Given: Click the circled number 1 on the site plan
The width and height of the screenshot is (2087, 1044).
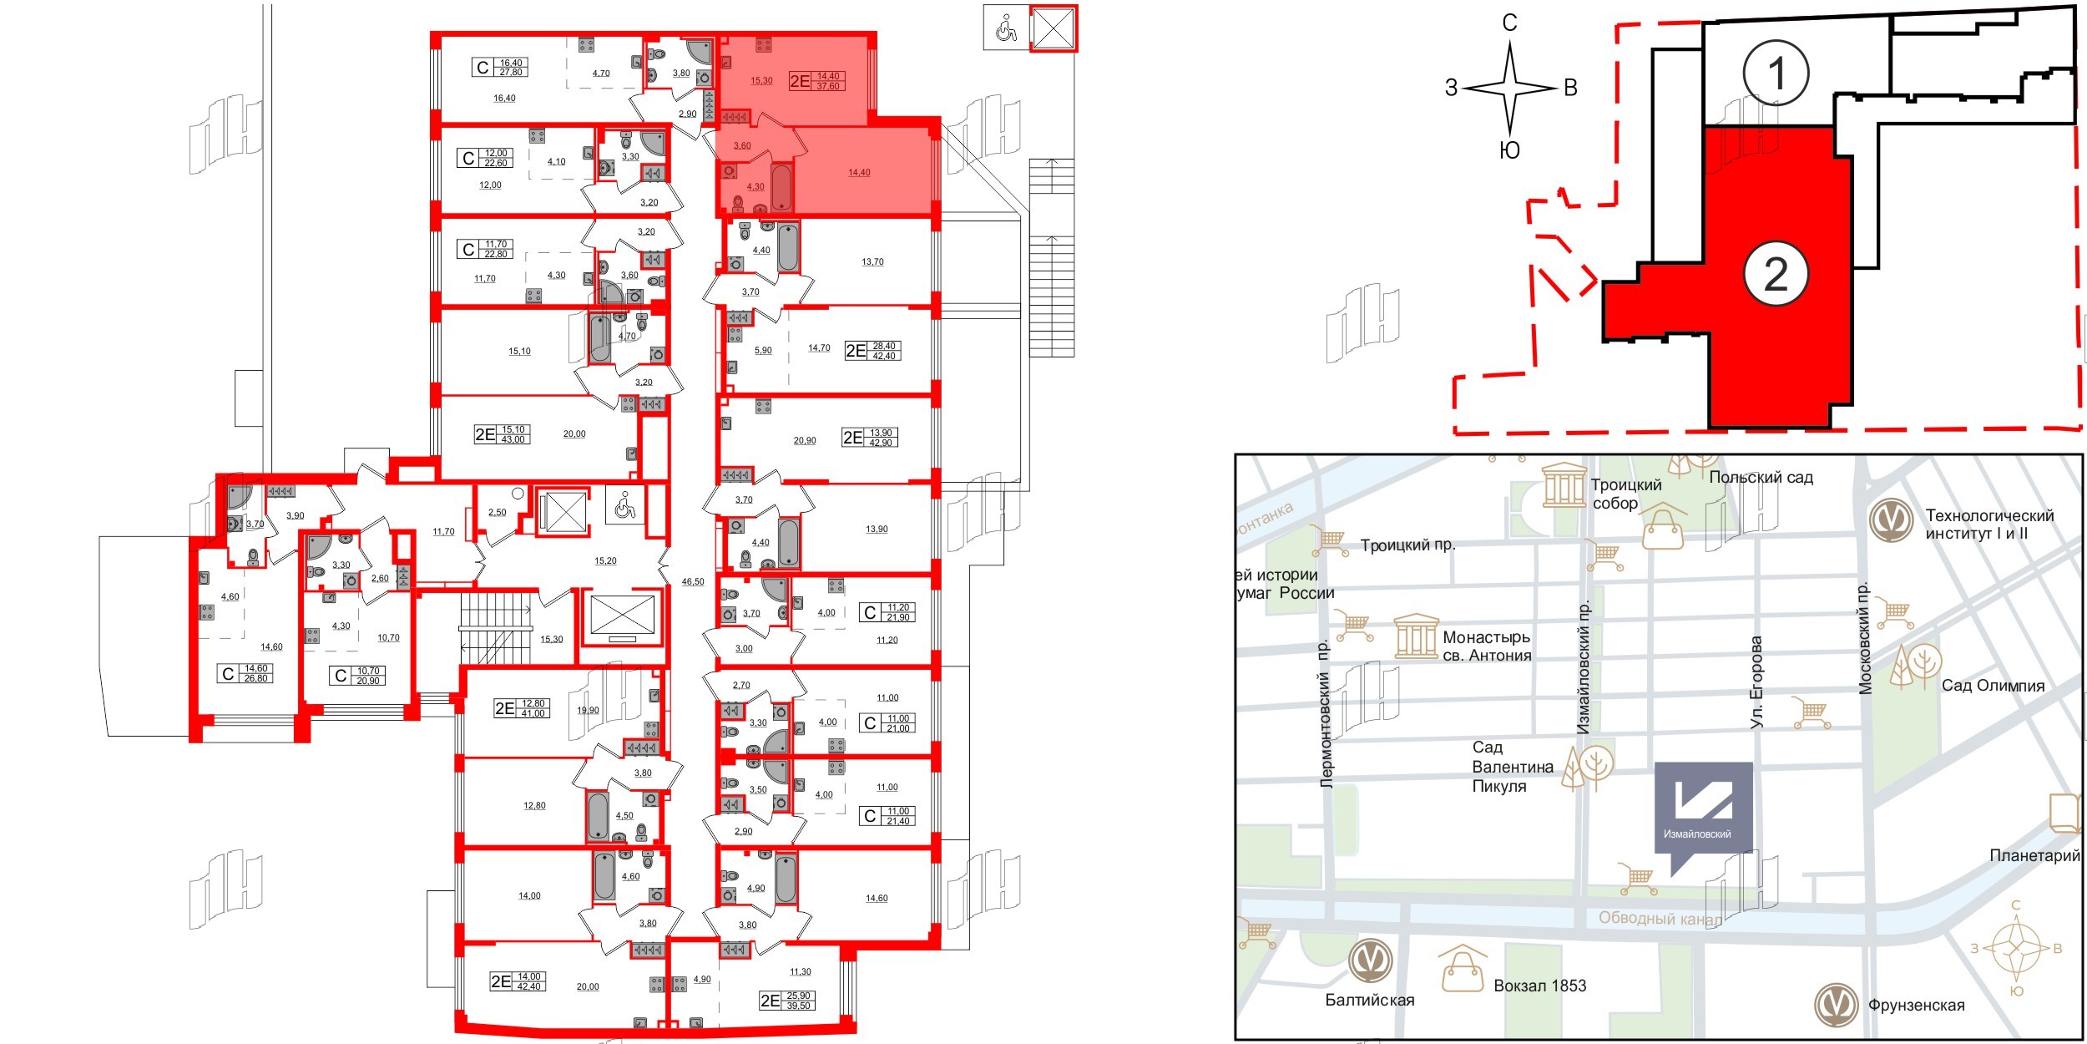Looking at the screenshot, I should (1776, 73).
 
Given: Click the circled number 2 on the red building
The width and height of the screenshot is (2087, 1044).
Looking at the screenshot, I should (1776, 274).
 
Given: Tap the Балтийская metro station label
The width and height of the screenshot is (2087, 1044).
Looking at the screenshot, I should (1370, 1000).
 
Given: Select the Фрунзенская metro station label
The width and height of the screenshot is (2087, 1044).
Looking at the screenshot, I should (1916, 1006).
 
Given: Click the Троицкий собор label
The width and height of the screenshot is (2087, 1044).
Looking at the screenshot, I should (1614, 494).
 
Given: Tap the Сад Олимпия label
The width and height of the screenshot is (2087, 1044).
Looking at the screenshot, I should (1993, 686).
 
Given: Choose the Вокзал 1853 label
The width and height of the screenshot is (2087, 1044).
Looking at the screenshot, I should (1539, 986).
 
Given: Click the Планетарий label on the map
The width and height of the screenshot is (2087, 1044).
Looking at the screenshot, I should (2034, 855).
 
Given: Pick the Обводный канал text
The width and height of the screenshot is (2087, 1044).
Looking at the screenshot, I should (1659, 919).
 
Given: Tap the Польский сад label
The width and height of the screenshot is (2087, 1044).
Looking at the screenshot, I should (1761, 478).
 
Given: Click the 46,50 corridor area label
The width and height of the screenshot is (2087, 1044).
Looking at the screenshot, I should (693, 581).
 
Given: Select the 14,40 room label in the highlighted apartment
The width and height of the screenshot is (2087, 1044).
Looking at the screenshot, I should (859, 173).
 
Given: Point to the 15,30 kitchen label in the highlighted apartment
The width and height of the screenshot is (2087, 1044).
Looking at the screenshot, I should (761, 81).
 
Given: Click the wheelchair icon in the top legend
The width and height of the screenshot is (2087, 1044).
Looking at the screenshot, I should (1007, 30).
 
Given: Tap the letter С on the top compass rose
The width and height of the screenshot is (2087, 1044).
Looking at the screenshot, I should (1509, 23).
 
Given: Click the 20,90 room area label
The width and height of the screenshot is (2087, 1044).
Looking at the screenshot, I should (805, 440).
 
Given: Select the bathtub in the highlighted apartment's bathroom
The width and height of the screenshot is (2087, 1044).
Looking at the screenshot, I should (781, 188).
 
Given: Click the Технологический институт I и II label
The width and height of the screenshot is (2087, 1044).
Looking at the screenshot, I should (1989, 525).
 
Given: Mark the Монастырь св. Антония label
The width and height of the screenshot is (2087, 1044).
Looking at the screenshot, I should (1487, 646).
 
